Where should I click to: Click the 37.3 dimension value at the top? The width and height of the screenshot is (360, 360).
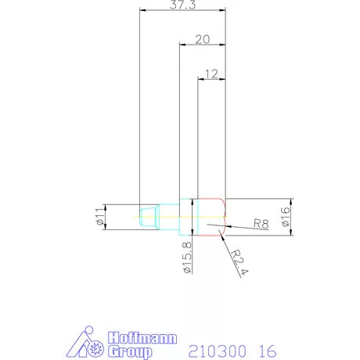182,5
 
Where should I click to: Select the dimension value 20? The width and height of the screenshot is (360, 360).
203,38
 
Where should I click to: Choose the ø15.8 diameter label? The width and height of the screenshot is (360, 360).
187,256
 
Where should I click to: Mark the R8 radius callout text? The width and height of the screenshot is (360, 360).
261,225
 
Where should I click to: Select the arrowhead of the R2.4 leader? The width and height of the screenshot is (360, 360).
224,235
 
